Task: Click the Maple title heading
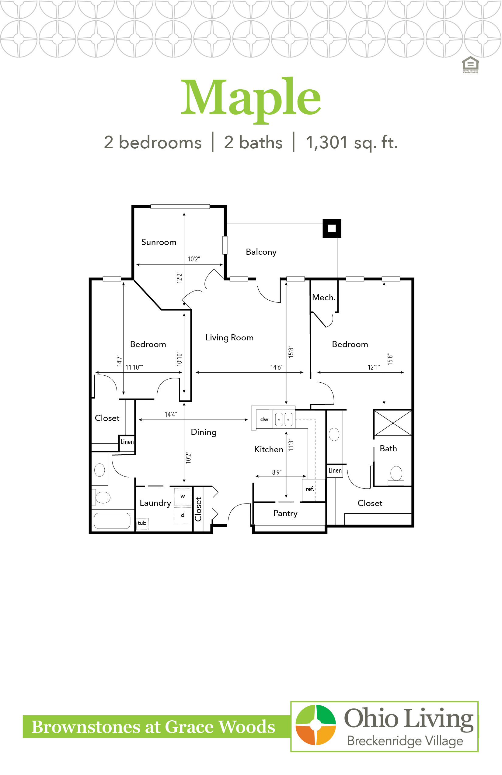click(x=251, y=99)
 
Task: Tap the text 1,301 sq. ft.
click(x=352, y=143)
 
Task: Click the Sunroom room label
click(x=159, y=242)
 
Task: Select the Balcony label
click(x=261, y=252)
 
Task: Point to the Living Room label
click(x=229, y=338)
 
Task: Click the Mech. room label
click(x=324, y=297)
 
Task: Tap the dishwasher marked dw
click(x=264, y=419)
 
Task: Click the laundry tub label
click(x=142, y=523)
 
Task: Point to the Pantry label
click(x=285, y=514)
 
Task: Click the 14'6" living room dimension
click(x=277, y=367)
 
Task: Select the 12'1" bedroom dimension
click(x=374, y=367)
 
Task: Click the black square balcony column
click(x=332, y=228)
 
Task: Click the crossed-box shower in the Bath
click(x=393, y=423)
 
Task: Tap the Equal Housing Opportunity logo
click(x=470, y=65)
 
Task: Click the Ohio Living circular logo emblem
click(x=315, y=725)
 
